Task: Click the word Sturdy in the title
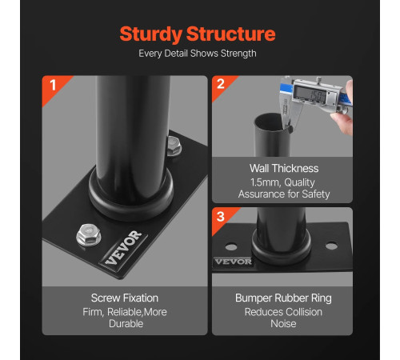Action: click(x=151, y=34)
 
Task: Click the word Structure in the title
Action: click(x=231, y=34)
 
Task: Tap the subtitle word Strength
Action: click(x=238, y=54)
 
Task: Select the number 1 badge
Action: click(x=53, y=85)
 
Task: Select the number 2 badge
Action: click(x=221, y=84)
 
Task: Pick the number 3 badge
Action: click(x=221, y=217)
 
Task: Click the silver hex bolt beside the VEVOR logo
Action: click(x=89, y=234)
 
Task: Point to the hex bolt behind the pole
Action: click(x=174, y=146)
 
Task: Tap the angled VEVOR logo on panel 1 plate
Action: click(x=123, y=248)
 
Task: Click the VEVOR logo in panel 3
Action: click(x=234, y=262)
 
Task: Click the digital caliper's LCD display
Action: click(x=310, y=94)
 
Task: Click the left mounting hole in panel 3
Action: click(x=231, y=246)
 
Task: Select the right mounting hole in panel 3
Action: click(x=331, y=246)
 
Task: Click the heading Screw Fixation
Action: click(x=125, y=298)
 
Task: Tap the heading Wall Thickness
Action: click(x=284, y=169)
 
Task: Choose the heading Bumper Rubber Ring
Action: click(x=283, y=298)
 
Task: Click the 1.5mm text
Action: click(x=265, y=182)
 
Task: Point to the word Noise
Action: click(x=283, y=324)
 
